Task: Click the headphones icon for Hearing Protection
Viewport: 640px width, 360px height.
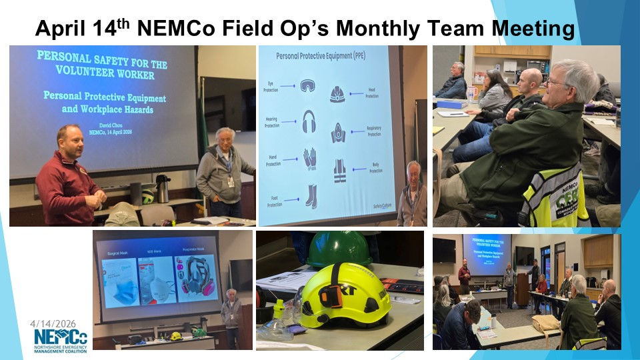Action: (309, 121)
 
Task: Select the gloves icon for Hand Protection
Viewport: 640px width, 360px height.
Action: (309, 159)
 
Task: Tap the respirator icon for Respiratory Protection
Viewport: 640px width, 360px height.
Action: (339, 133)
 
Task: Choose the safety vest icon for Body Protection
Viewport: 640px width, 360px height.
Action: (339, 171)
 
